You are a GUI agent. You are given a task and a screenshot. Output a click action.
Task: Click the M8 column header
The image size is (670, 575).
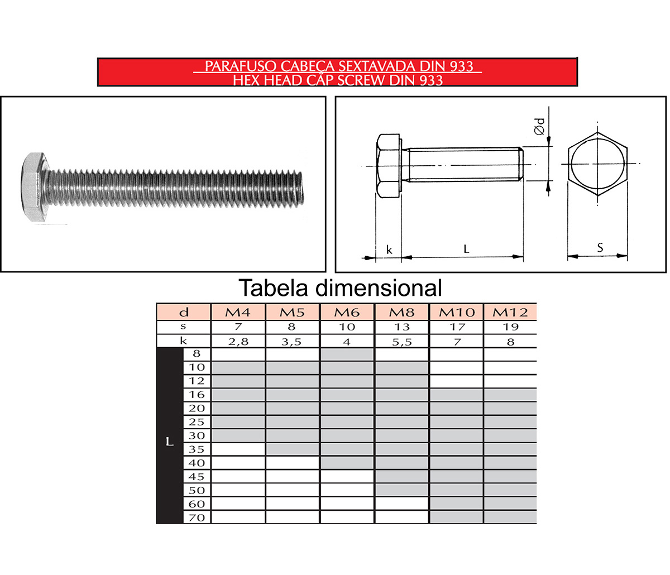(x=401, y=312)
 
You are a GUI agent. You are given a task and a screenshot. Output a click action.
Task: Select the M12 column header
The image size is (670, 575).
(x=510, y=312)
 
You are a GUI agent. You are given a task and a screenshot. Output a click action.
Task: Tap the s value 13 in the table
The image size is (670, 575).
(x=401, y=327)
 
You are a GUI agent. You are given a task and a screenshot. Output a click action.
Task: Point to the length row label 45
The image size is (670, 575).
(x=197, y=477)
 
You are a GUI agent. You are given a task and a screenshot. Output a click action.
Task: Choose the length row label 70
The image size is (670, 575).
(x=197, y=517)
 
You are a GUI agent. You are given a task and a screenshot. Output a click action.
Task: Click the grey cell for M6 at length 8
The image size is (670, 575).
(x=347, y=354)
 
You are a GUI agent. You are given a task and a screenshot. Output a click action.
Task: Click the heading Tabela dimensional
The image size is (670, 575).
(x=340, y=288)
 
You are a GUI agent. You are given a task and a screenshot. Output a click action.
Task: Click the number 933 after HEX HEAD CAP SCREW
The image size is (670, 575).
(x=429, y=80)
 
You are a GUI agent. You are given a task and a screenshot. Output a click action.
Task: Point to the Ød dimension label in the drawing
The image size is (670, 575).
(x=539, y=126)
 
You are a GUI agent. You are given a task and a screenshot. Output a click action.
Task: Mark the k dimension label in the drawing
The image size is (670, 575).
(x=389, y=250)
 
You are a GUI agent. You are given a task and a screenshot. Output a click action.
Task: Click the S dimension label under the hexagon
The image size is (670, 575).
(x=600, y=247)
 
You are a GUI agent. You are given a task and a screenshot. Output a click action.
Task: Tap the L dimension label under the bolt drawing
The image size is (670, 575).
(x=466, y=249)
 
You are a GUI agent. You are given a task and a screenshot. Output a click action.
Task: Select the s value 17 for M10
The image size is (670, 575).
(x=456, y=327)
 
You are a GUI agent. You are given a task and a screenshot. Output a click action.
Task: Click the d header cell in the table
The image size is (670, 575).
(x=183, y=312)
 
